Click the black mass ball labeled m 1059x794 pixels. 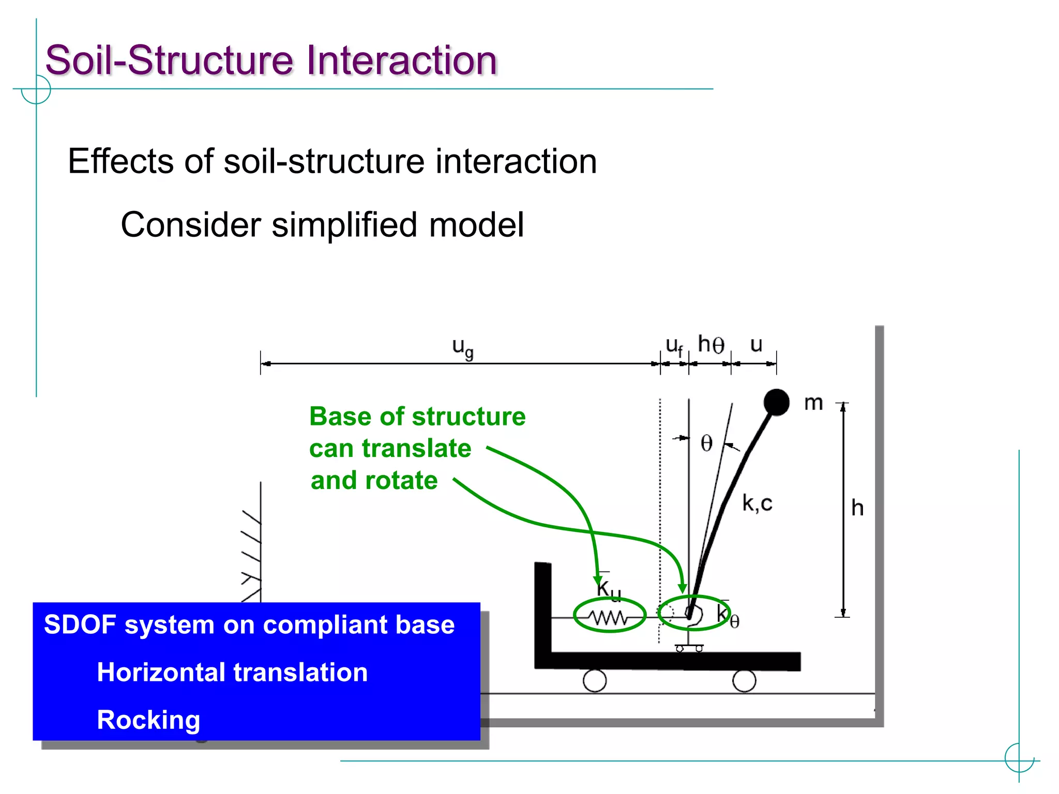point(776,402)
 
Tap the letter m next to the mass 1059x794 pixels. point(813,403)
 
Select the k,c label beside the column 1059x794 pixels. point(757,503)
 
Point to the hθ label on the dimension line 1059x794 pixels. point(711,344)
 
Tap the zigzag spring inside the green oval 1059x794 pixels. point(610,617)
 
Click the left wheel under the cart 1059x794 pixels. point(595,681)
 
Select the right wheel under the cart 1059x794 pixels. point(744,681)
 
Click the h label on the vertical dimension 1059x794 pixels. point(857,508)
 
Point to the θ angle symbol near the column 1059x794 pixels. point(706,444)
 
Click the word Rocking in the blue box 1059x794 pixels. point(148,720)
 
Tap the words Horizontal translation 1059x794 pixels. point(232,673)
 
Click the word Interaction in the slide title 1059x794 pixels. point(401,60)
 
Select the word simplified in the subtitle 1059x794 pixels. point(344,225)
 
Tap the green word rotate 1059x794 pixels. point(401,480)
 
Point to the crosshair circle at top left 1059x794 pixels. point(36,89)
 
